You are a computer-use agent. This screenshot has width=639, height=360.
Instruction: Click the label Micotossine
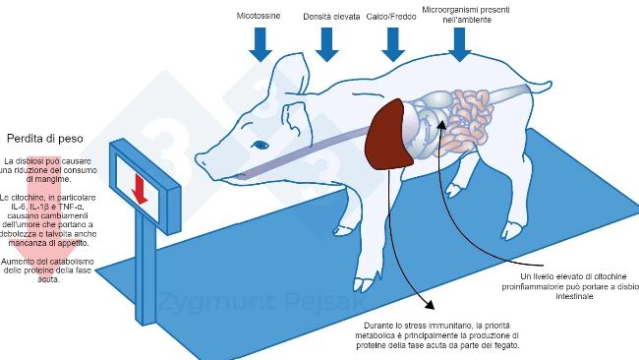pyautogui.click(x=259, y=17)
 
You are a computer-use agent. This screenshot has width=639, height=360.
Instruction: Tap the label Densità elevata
pyautogui.click(x=331, y=17)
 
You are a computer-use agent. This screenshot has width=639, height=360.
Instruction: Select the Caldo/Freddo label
pyautogui.click(x=391, y=17)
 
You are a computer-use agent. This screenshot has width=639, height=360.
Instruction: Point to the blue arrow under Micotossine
pyautogui.click(x=261, y=43)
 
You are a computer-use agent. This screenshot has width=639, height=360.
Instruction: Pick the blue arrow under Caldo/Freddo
pyautogui.click(x=392, y=43)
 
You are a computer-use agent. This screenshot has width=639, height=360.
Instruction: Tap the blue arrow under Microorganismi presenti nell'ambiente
pyautogui.click(x=458, y=43)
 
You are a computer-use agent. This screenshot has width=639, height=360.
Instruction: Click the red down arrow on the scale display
pyautogui.click(x=140, y=189)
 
